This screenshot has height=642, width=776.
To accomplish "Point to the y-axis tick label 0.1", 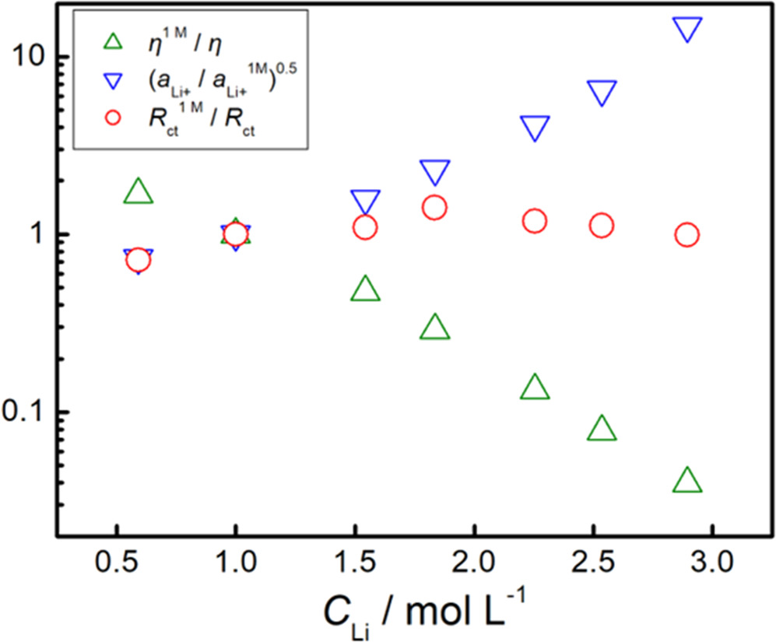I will click(25, 412).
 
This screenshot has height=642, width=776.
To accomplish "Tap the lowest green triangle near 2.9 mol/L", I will click(686, 482).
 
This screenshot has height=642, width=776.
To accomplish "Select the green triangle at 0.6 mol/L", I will click(138, 191).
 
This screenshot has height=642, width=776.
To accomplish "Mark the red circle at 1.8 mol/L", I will click(434, 207).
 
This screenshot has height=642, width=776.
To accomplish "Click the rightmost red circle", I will click(686, 235).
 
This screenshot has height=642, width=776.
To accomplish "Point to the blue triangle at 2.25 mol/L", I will click(535, 128).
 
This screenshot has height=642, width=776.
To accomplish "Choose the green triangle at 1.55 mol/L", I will click(365, 289).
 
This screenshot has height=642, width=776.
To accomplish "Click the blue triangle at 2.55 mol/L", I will click(601, 92).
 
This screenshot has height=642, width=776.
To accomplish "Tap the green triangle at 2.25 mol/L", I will click(535, 387).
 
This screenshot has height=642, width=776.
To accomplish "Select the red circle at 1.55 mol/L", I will click(365, 228).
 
